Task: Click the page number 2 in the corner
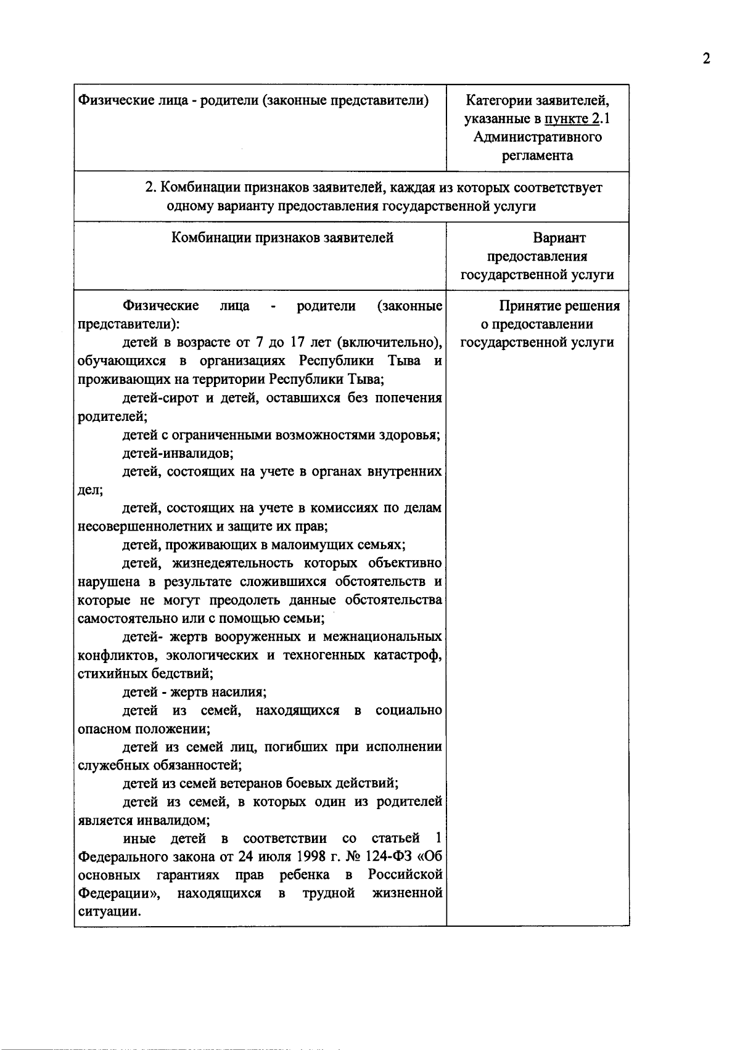[x=707, y=59]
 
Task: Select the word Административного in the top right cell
[x=538, y=137]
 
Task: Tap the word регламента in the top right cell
[x=538, y=155]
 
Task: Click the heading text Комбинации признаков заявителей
[x=282, y=238]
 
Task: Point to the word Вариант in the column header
[x=559, y=238]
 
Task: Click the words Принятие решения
[x=559, y=306]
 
